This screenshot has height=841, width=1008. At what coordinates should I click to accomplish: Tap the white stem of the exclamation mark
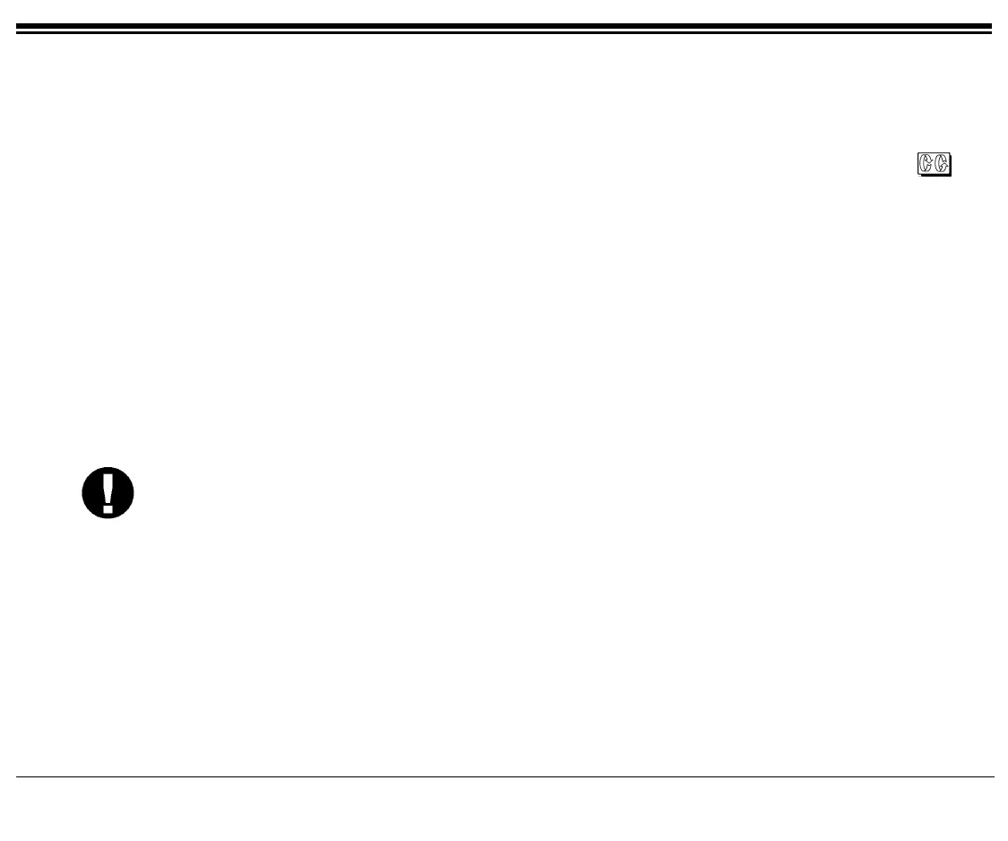[x=108, y=487]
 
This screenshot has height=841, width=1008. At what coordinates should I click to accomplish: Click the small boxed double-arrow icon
[x=933, y=165]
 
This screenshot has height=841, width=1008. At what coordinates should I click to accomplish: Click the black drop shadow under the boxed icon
[x=935, y=176]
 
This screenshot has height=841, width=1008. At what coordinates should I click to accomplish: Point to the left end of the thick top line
[x=18, y=26]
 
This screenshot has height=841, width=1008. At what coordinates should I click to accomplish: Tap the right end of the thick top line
[x=990, y=26]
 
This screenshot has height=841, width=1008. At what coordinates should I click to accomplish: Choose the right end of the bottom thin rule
[x=993, y=776]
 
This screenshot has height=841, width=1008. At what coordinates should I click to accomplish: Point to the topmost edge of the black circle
[x=108, y=467]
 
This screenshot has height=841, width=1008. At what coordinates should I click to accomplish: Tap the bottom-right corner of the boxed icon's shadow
[x=951, y=176]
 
